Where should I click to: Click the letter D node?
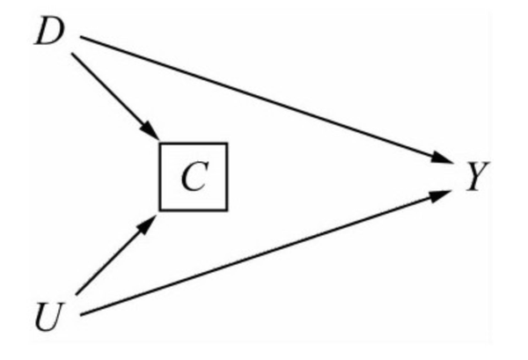pos(49,33)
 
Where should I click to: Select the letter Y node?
pos(475,177)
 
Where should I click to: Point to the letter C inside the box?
pos(194,177)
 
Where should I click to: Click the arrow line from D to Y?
pos(264,97)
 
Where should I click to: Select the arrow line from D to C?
pos(114,97)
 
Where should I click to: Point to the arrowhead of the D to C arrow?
pos(151,133)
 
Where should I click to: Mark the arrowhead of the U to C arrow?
pos(150,220)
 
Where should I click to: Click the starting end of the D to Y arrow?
pos(82,37)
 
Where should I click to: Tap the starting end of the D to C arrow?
pos(74,58)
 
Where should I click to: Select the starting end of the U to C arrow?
pos(77,294)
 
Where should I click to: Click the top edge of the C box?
pos(194,143)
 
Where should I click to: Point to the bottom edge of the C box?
pos(194,209)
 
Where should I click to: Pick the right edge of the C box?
pos(227,177)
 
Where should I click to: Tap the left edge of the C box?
pos(160,177)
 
